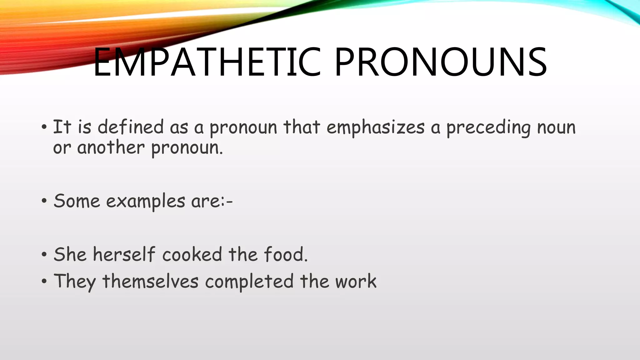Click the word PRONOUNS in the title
pyautogui.click(x=441, y=62)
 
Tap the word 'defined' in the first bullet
pyautogui.click(x=131, y=127)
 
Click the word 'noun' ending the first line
pyautogui.click(x=556, y=128)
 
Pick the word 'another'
pyautogui.click(x=111, y=147)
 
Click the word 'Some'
pyautogui.click(x=77, y=201)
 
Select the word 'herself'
pyautogui.click(x=124, y=254)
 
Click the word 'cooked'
pyautogui.click(x=192, y=254)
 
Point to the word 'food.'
pyautogui.click(x=286, y=254)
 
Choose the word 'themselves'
pyautogui.click(x=150, y=281)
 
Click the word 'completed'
pyautogui.click(x=249, y=282)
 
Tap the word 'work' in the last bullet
pyautogui.click(x=356, y=281)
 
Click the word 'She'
pyautogui.click(x=70, y=254)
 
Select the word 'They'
pyautogui.click(x=75, y=282)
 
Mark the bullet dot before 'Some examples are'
pyautogui.click(x=44, y=201)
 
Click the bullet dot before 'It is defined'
pyautogui.click(x=44, y=127)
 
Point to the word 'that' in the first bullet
pyautogui.click(x=302, y=127)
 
